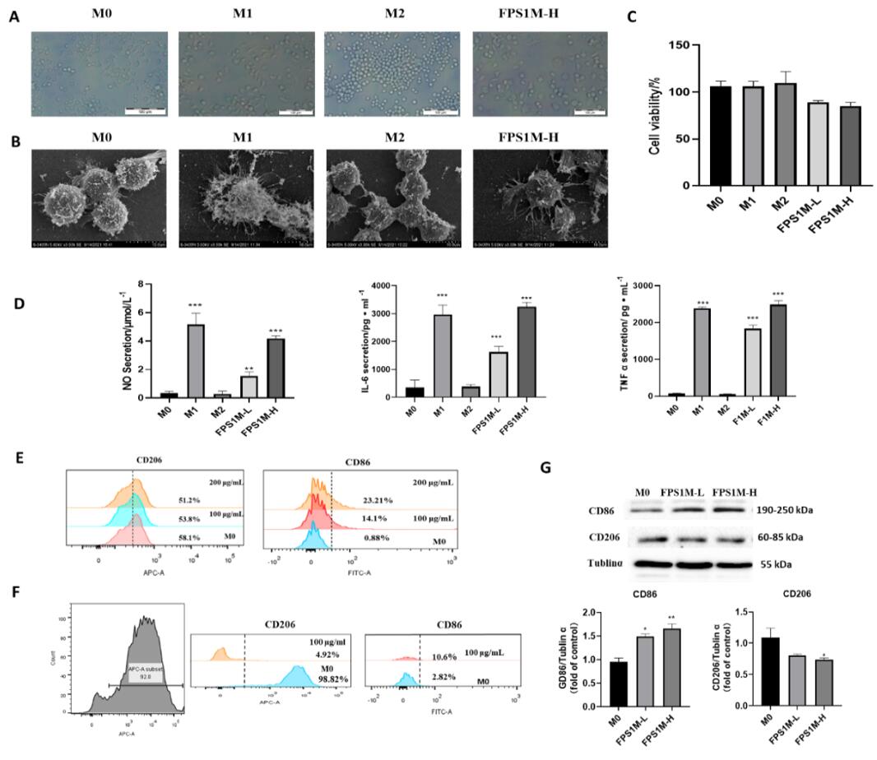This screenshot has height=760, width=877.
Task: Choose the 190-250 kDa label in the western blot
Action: pos(785,511)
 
